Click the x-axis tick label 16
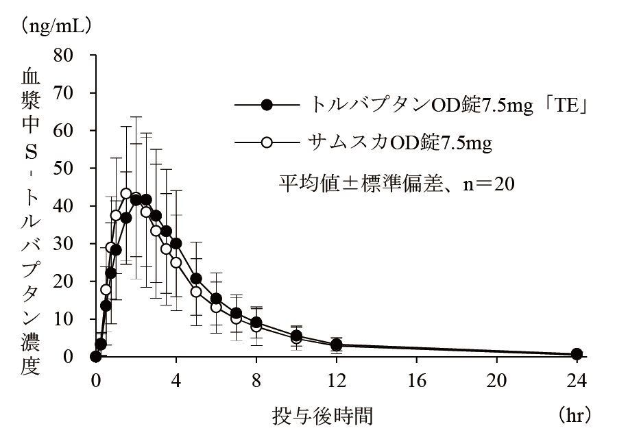[416, 378]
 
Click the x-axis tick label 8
[256, 378]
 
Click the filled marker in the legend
[267, 105]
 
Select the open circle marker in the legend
[267, 142]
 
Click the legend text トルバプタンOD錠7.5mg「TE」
[451, 105]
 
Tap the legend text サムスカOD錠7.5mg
[401, 142]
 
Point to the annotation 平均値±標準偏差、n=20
[396, 183]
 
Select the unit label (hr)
[573, 415]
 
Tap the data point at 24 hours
[577, 354]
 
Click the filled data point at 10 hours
[296, 336]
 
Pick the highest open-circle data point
[125, 194]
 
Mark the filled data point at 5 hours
[196, 278]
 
